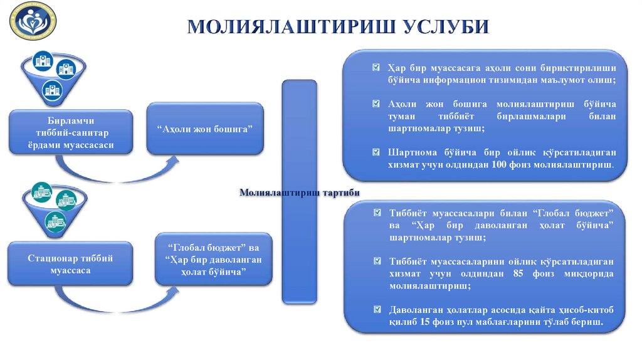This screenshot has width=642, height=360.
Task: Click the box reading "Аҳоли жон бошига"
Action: tap(205, 128)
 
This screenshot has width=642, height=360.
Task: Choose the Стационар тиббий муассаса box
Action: tap(71, 264)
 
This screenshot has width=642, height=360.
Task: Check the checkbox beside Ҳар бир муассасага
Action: tap(375, 68)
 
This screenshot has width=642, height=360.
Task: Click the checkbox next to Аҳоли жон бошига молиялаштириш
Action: tap(375, 103)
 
